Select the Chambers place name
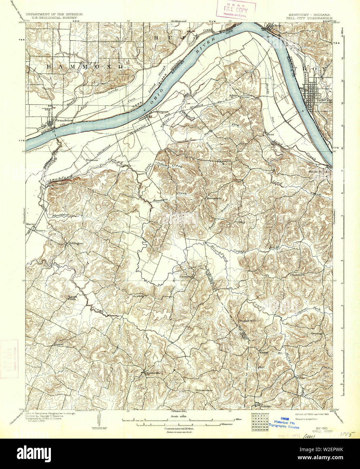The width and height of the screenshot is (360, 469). point(297,275)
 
